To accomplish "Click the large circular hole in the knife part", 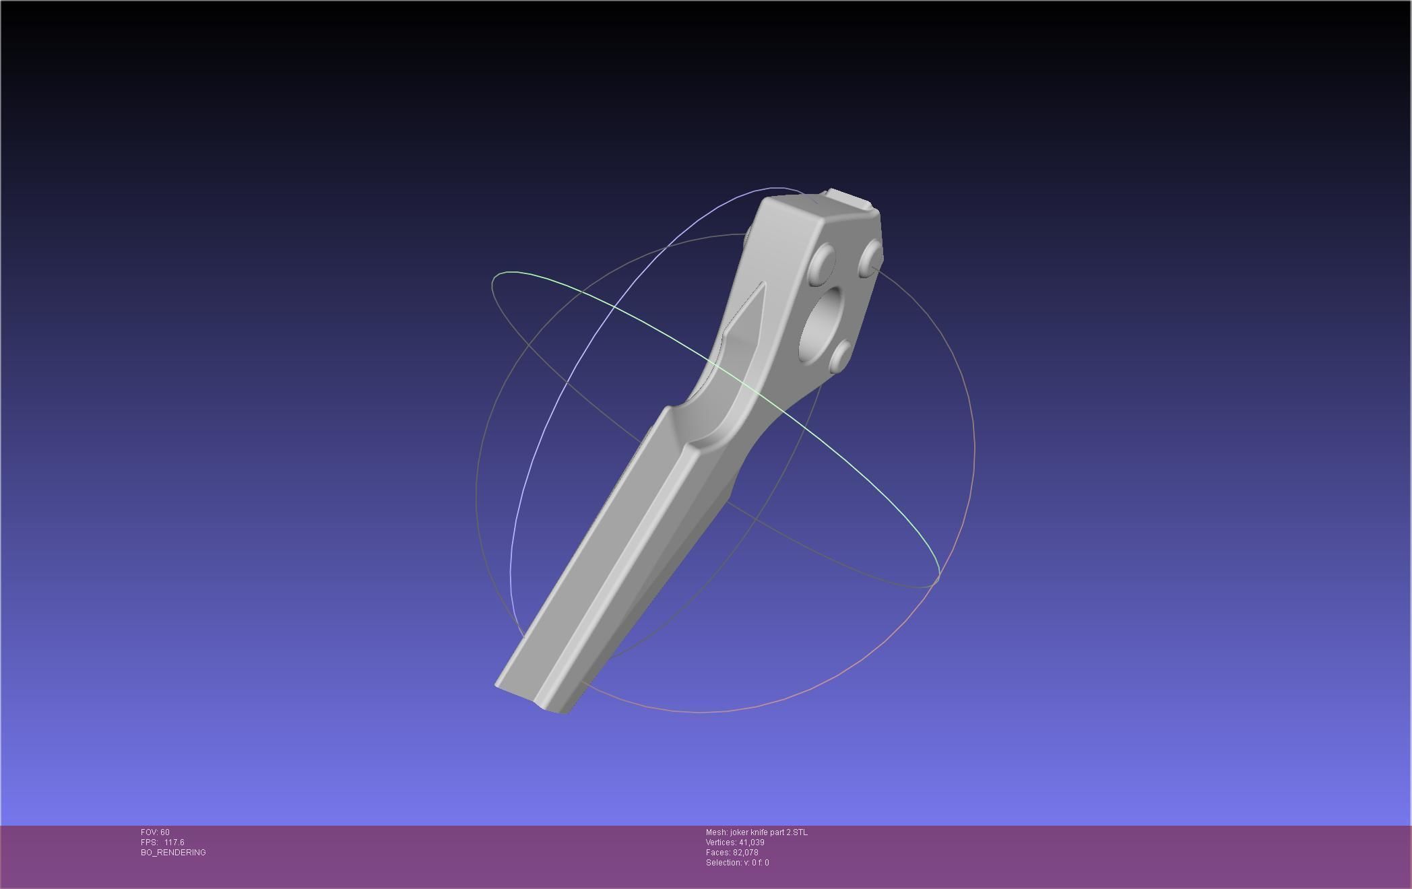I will [821, 324].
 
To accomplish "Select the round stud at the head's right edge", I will [870, 258].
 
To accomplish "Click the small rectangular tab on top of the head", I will [849, 199].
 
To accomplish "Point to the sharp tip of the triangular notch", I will [763, 284].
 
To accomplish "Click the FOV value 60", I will [165, 832].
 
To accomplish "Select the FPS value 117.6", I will [174, 843].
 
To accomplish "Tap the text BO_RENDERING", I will [173, 853].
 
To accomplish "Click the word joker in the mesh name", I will [739, 832].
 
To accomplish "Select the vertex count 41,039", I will [751, 843].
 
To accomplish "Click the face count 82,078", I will [745, 853].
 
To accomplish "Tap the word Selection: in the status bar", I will [723, 863].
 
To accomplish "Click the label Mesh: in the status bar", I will [717, 832].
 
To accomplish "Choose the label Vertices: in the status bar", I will [721, 843].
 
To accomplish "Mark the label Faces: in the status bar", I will [718, 853].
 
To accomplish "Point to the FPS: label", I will [149, 843].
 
